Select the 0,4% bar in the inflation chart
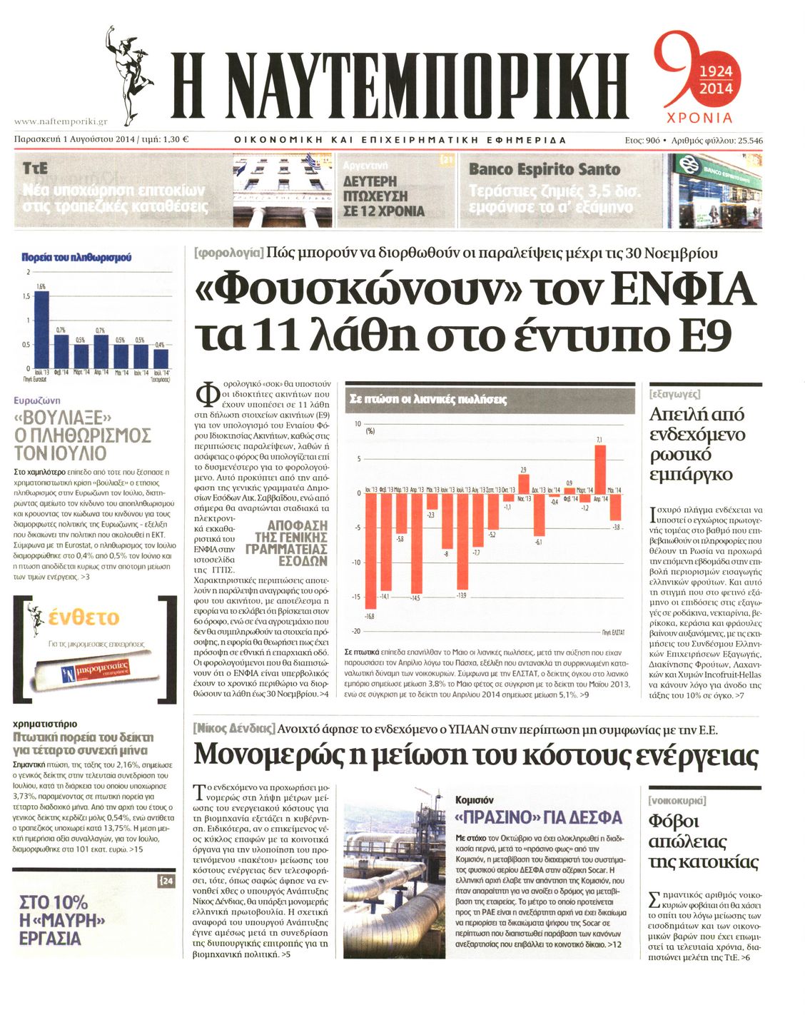pyautogui.click(x=161, y=358)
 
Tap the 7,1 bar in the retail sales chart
pyautogui.click(x=600, y=469)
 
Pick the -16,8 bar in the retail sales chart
pyautogui.click(x=370, y=550)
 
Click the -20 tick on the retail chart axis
pyautogui.click(x=356, y=631)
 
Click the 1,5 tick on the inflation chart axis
pyautogui.click(x=25, y=296)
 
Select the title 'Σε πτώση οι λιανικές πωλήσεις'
pyautogui.click(x=428, y=400)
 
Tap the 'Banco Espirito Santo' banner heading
pyautogui.click(x=545, y=170)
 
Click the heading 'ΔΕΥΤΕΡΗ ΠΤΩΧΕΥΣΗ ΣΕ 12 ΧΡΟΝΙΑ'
pyautogui.click(x=384, y=196)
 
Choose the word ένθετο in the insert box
pyautogui.click(x=83, y=617)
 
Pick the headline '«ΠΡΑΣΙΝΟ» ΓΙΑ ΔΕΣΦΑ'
pyautogui.click(x=538, y=817)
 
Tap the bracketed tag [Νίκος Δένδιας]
pyautogui.click(x=233, y=729)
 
